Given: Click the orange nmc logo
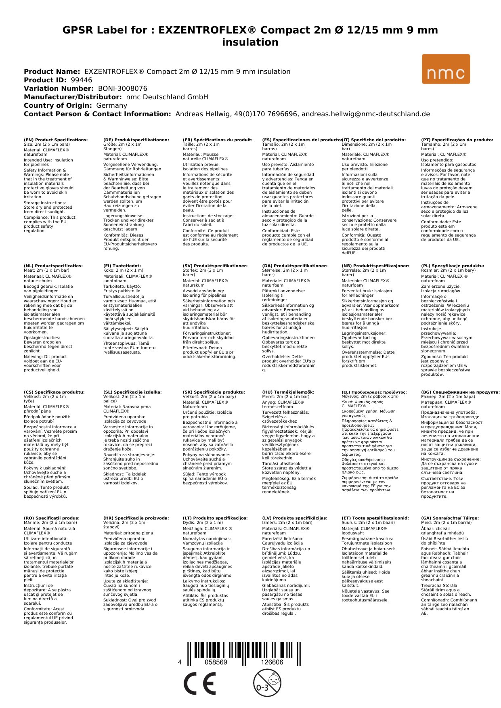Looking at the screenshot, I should pyautogui.click(x=446, y=69).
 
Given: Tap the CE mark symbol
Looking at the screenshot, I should pyautogui.click(x=199, y=684).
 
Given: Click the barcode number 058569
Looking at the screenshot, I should pyautogui.click(x=216, y=662).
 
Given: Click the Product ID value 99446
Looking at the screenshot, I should pyautogui.click(x=81, y=80).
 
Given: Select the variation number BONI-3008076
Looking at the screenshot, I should pyautogui.click(x=123, y=88).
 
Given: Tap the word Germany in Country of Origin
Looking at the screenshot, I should pyautogui.click(x=111, y=105).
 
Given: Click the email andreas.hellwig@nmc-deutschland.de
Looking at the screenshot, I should pyautogui.click(x=365, y=114).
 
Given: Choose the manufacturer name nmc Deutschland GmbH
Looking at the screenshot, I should pyautogui.click(x=167, y=97).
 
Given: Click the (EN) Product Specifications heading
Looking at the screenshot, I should pyautogui.click(x=56, y=140).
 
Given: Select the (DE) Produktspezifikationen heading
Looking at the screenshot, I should pyautogui.click(x=136, y=140).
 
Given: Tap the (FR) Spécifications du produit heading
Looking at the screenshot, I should pyautogui.click(x=218, y=140).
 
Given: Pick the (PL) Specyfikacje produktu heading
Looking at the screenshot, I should pyautogui.click(x=453, y=266).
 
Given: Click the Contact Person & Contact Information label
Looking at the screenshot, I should pyautogui.click(x=97, y=114).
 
